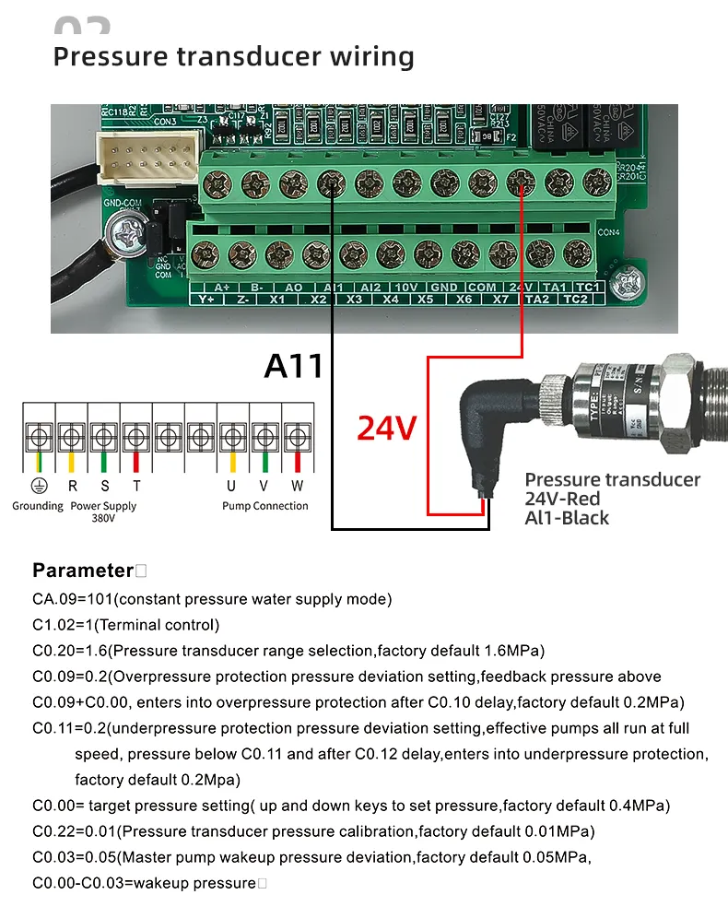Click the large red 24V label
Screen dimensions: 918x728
pos(387,428)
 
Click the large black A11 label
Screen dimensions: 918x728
pos(294,365)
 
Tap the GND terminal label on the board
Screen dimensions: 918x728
pos(443,288)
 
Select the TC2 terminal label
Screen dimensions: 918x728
pos(575,300)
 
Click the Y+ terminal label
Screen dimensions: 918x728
pos(205,300)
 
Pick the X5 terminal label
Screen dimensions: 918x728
pos(425,300)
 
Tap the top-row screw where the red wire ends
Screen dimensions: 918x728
pos(522,183)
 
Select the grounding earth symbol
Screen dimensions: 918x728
pos(38,487)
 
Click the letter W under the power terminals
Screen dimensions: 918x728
pos(297,487)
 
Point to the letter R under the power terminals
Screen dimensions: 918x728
pos(72,487)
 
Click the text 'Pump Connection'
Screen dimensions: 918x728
pos(264,505)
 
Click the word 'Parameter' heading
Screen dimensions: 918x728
pos(83,570)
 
